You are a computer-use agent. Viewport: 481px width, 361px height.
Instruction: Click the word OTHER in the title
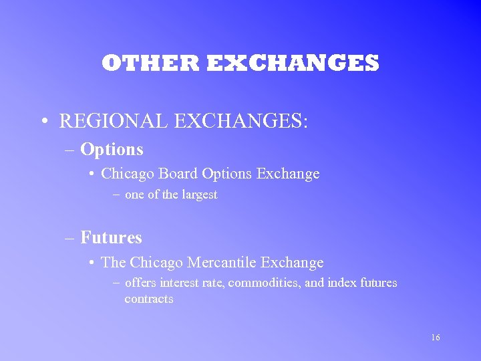point(150,64)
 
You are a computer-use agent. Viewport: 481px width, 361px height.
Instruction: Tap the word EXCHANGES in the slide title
point(293,64)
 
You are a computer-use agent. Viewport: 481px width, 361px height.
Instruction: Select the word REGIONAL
point(117,121)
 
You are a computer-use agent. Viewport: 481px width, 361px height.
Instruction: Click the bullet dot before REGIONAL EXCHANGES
point(43,122)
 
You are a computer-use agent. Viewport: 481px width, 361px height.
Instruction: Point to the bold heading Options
point(112,149)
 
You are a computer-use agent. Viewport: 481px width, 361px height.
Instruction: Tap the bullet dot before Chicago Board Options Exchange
point(91,174)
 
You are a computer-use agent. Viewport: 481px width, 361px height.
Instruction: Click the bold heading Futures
point(111,237)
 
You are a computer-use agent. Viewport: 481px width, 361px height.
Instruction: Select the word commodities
point(265,283)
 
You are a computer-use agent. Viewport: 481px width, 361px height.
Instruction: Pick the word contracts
point(148,299)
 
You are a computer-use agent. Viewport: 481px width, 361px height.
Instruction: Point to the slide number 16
point(436,338)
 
